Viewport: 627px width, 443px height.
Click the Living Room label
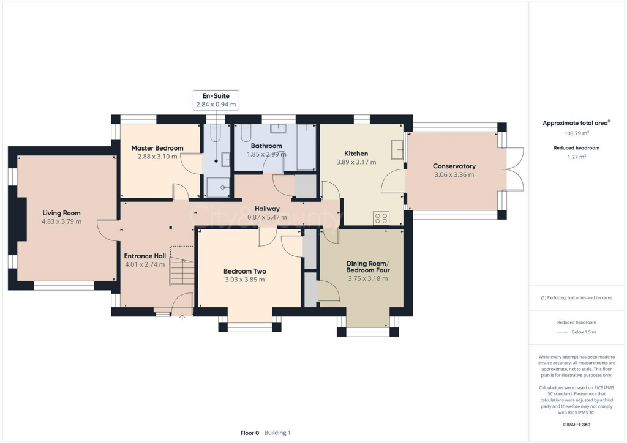coord(62,213)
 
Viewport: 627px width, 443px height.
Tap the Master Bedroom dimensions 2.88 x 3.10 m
coord(157,157)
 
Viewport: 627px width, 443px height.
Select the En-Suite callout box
coord(216,100)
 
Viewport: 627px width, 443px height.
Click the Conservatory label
coord(454,166)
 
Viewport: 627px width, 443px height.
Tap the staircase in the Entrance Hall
coord(182,270)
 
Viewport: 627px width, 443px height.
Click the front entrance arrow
coord(181,318)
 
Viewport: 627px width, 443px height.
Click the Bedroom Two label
coord(244,271)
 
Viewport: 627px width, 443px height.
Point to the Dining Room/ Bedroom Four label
coord(367,266)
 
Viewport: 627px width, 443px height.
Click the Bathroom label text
coord(266,146)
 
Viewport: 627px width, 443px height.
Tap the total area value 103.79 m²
coord(576,133)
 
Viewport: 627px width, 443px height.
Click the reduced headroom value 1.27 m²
coord(576,157)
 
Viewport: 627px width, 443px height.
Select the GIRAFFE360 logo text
coord(576,424)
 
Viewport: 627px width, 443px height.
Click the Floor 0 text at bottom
coord(249,433)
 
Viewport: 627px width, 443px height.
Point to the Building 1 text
coord(277,433)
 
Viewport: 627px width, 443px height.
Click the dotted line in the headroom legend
coord(562,332)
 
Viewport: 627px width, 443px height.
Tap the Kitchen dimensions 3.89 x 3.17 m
coord(356,162)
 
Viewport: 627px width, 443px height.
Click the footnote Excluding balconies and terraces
coord(576,298)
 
